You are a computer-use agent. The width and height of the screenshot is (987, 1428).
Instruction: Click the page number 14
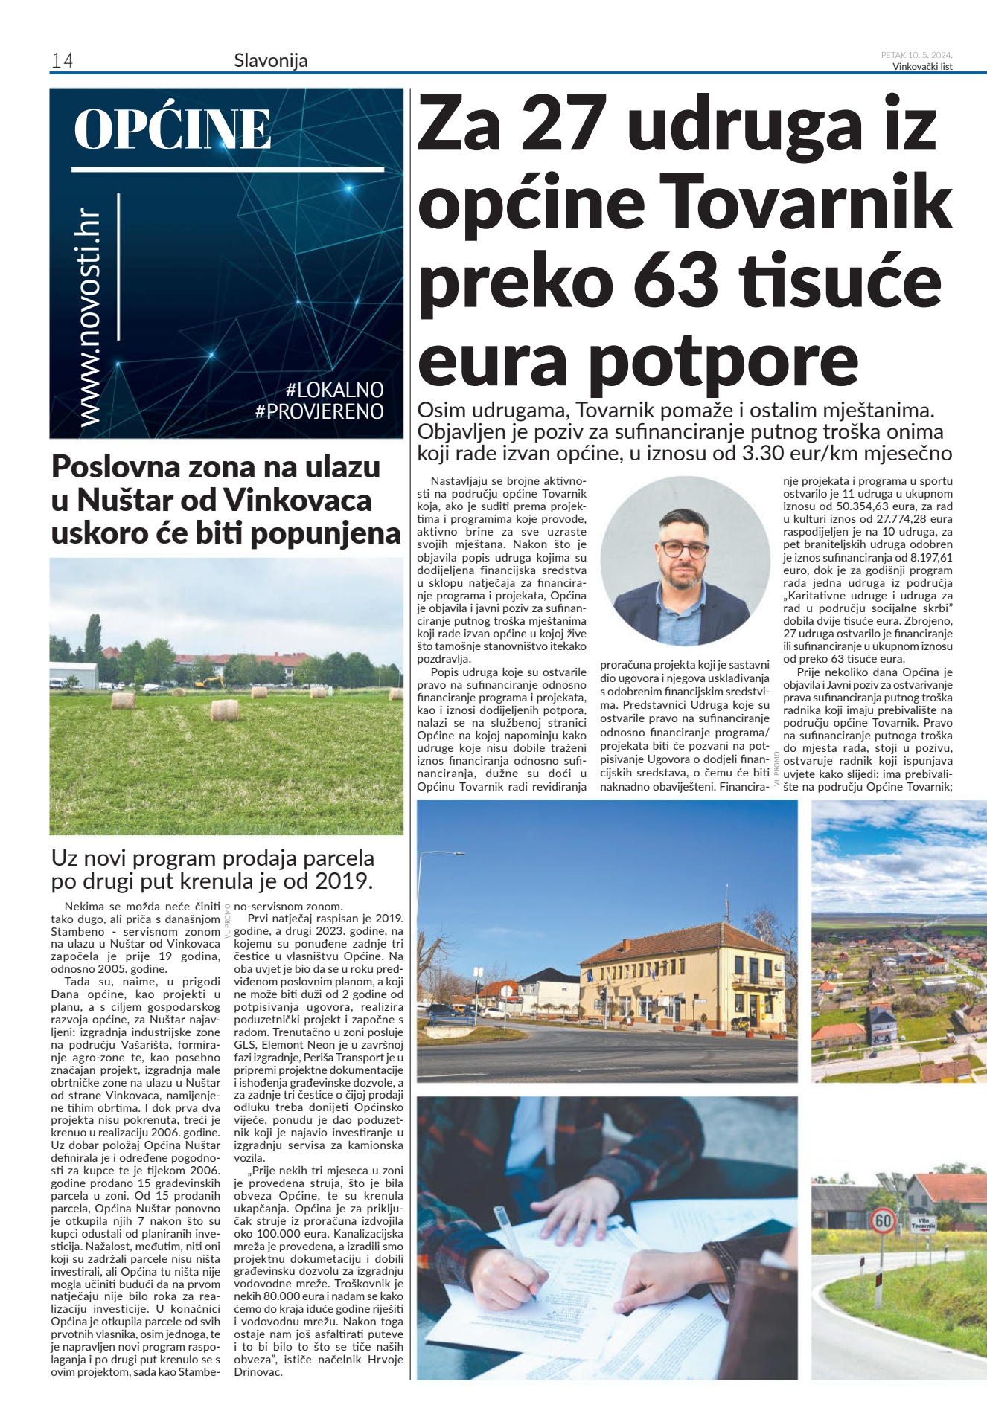(x=62, y=60)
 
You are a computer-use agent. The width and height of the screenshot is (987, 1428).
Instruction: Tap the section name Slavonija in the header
(x=270, y=60)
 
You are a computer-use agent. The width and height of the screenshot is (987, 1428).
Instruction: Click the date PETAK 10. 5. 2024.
(x=916, y=55)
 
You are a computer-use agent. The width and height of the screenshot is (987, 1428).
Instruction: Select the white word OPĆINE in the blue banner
(x=173, y=129)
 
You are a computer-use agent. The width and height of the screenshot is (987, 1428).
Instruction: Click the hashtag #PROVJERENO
(x=319, y=411)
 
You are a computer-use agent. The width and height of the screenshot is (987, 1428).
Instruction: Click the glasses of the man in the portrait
(x=684, y=550)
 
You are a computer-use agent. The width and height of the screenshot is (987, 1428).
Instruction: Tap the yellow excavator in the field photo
(x=208, y=681)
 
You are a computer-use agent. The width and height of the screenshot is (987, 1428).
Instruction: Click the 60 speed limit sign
(x=883, y=1221)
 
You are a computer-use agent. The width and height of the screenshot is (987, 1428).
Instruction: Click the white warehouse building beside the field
(x=74, y=675)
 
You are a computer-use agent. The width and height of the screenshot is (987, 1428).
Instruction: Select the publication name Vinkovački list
(x=922, y=66)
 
